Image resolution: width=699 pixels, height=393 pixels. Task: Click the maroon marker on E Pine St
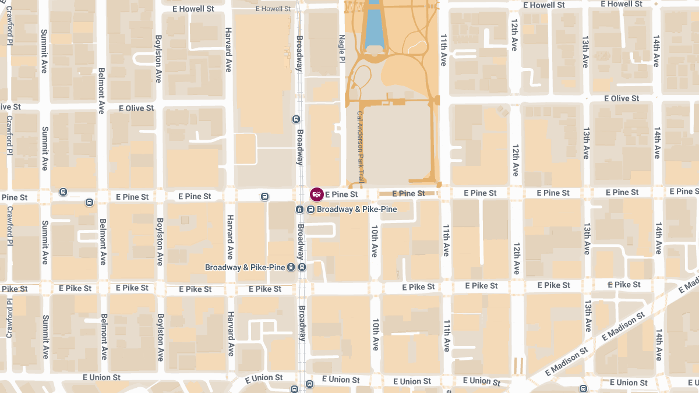click(317, 194)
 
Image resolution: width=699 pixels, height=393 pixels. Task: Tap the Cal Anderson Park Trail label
click(360, 147)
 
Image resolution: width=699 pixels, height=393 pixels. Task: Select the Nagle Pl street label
click(343, 53)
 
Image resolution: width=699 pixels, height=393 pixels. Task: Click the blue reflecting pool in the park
click(371, 24)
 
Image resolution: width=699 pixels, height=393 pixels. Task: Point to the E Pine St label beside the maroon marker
click(341, 194)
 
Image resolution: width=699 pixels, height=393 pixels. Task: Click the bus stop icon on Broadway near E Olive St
click(296, 119)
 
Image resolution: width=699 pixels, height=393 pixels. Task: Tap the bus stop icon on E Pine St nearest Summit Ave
click(63, 192)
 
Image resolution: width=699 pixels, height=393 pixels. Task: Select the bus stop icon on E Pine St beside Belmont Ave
click(89, 203)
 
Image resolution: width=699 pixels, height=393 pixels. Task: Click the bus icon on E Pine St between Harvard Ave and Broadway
click(265, 197)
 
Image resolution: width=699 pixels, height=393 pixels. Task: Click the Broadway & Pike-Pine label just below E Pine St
click(356, 209)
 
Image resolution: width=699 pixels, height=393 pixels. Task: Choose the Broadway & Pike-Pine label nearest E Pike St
click(245, 267)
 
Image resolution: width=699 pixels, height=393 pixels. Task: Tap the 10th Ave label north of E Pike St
click(374, 242)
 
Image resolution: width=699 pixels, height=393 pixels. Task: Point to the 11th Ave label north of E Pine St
click(443, 49)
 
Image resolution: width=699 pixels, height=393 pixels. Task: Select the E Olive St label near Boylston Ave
click(136, 108)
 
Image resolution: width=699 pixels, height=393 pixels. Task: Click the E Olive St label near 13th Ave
click(622, 98)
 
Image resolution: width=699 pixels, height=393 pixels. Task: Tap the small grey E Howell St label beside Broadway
click(273, 9)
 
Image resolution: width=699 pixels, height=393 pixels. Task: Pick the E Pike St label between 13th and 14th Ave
click(624, 285)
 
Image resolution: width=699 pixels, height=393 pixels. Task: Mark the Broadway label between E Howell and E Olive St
click(299, 53)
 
